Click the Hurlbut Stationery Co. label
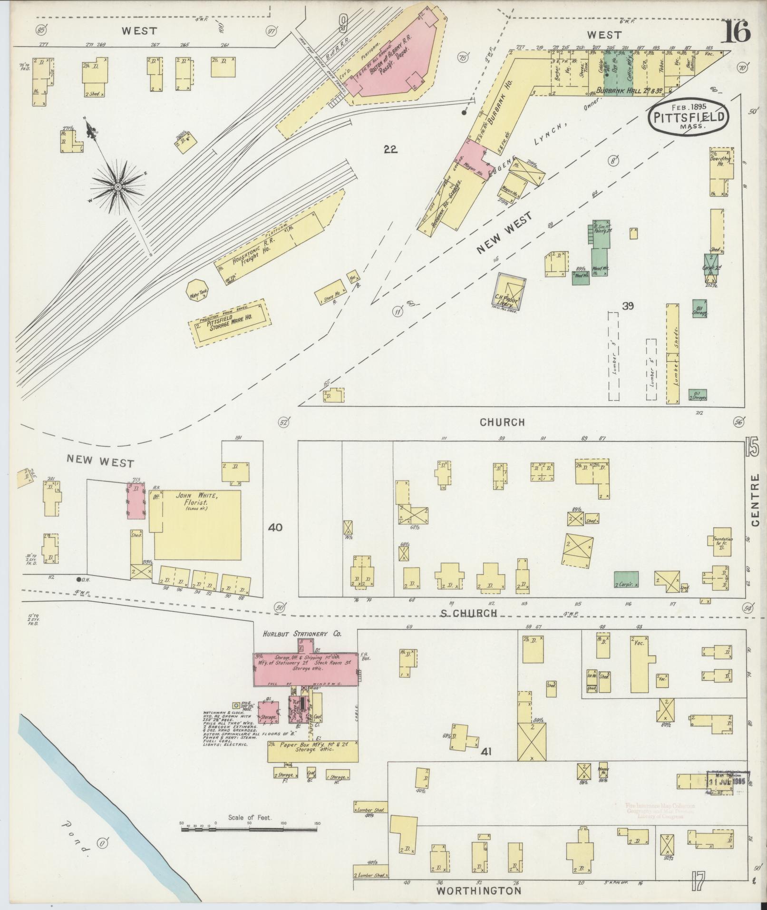pos(303,634)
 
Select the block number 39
pos(628,306)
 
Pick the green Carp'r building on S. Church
pos(626,578)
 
